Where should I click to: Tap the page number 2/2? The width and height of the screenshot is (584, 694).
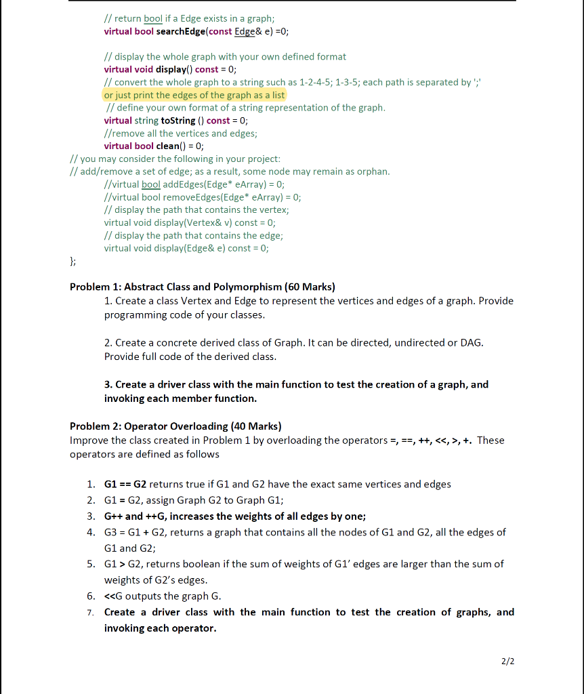coord(506,661)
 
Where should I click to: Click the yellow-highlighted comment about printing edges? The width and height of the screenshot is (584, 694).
coord(194,95)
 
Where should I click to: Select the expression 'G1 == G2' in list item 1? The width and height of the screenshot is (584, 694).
coord(125,484)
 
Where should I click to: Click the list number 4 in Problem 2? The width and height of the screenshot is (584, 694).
coord(91,532)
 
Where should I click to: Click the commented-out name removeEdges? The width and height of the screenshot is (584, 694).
coord(192,197)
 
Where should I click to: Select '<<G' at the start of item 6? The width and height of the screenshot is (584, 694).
coord(114,596)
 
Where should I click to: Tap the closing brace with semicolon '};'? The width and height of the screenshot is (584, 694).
coord(73,262)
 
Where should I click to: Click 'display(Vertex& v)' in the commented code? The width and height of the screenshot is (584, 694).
coord(192,222)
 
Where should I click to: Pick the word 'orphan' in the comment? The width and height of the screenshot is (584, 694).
coord(373,171)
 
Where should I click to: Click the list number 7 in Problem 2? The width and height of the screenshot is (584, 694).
coord(91,612)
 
